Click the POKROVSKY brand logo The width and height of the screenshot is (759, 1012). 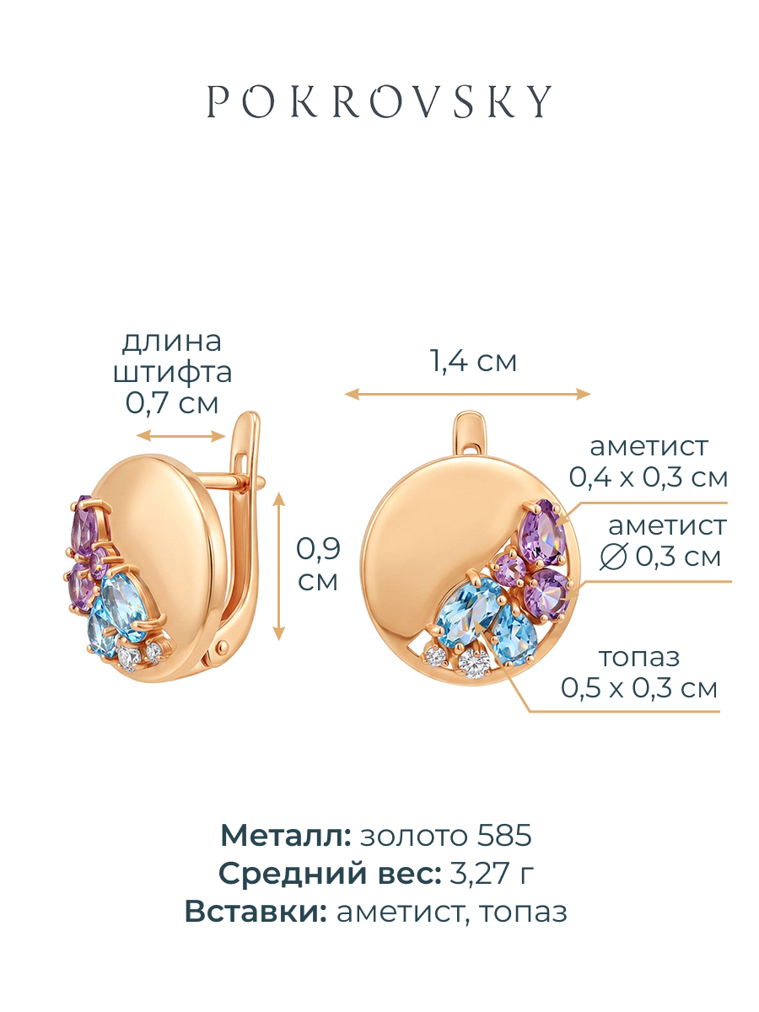tap(379, 101)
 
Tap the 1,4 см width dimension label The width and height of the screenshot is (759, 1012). tap(473, 361)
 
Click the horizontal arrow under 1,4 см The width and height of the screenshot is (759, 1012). tap(467, 394)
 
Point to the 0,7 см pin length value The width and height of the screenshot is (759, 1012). tap(171, 402)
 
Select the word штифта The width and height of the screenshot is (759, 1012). tap(172, 373)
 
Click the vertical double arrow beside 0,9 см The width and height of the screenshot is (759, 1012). tap(279, 566)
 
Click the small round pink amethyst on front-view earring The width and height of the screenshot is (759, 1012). tap(509, 570)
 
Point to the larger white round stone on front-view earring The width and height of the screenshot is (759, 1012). tap(474, 664)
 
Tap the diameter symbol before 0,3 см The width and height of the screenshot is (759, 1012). tap(613, 557)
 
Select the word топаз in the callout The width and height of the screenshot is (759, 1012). tap(639, 658)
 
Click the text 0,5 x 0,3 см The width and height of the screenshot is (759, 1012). tap(639, 688)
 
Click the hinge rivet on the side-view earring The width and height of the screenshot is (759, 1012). tap(223, 646)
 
